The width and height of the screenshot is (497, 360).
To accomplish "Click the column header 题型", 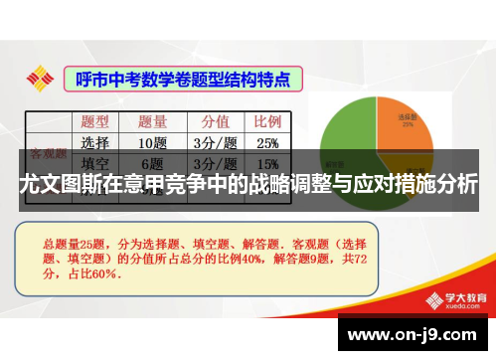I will [x=96, y=121].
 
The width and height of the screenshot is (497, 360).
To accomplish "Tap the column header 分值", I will [x=215, y=121].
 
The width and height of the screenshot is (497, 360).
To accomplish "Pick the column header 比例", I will [x=266, y=121].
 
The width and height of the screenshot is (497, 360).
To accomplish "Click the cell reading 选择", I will [x=95, y=142].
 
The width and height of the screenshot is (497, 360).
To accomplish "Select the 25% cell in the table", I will [x=266, y=142].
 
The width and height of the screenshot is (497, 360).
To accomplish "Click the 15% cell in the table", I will [x=266, y=163].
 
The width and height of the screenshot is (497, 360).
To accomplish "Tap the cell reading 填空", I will [x=95, y=163].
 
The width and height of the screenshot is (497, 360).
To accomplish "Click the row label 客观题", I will [x=48, y=154].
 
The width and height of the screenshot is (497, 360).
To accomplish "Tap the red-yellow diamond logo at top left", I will [x=40, y=77].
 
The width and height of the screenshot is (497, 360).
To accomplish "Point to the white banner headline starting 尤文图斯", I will [x=248, y=186].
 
